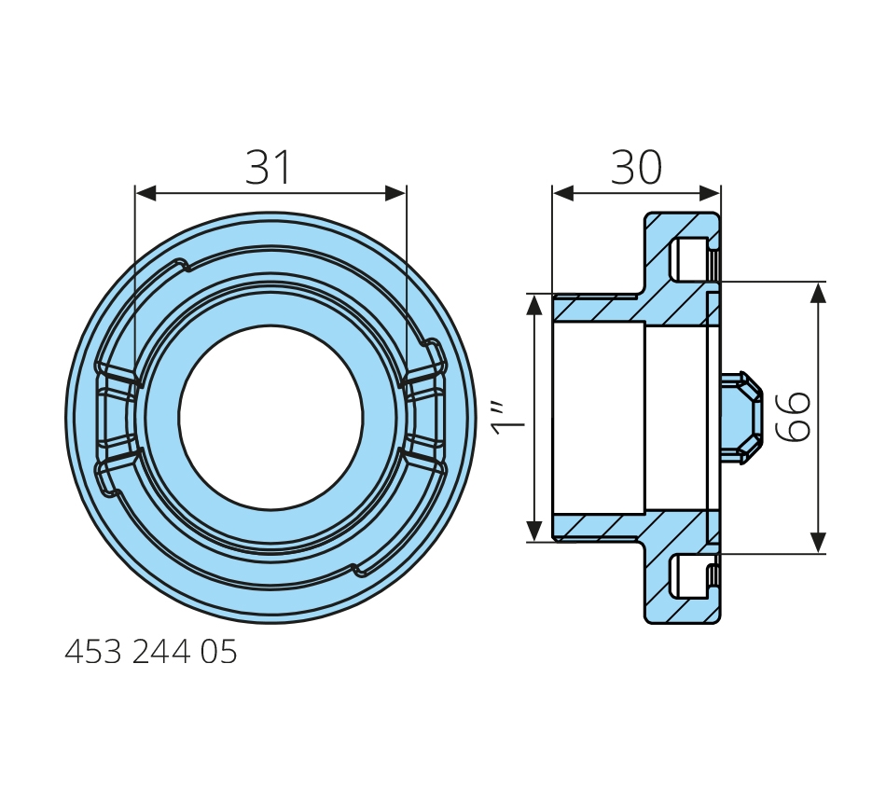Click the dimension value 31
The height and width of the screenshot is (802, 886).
(x=268, y=167)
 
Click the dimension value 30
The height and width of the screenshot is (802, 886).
(x=636, y=167)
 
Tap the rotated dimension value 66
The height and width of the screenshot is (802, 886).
(x=794, y=417)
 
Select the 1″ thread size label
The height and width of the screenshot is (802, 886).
(x=508, y=419)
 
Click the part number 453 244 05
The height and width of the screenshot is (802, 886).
(x=151, y=652)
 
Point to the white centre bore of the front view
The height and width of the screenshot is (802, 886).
(x=270, y=418)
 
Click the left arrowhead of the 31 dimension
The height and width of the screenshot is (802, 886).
(x=145, y=193)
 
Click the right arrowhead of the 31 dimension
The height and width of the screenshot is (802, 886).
(x=395, y=193)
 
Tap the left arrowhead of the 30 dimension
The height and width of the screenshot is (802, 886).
(x=563, y=193)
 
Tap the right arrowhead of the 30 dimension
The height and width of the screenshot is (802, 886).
(x=710, y=193)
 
